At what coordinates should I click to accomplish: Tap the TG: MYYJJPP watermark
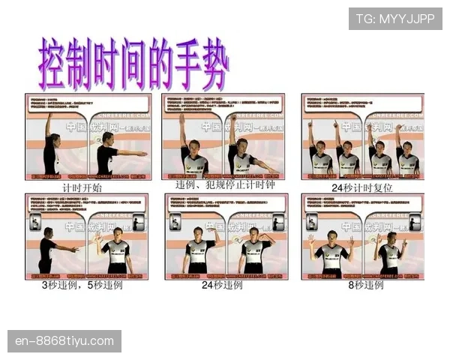[395, 18]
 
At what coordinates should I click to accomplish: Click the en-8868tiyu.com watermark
[65, 341]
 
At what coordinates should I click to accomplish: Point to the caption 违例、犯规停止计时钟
[224, 185]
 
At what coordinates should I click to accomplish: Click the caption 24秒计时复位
[363, 187]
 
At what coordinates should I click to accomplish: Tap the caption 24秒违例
[223, 286]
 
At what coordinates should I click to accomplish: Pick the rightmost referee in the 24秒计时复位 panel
[406, 154]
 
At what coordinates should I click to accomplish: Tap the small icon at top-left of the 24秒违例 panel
[175, 222]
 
